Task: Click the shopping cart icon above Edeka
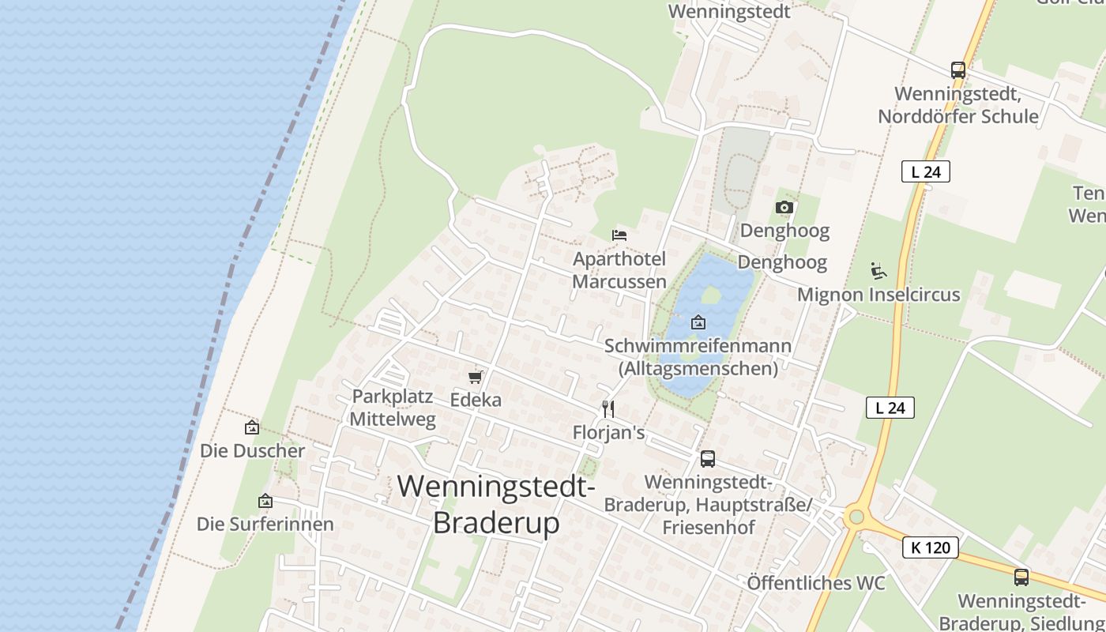pos(475,378)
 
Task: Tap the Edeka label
pos(476,400)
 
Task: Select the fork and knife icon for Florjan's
pos(608,409)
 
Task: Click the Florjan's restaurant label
pos(608,433)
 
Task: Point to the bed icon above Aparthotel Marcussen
pos(619,235)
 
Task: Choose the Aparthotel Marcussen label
pos(619,270)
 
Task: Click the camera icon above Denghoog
pos(784,207)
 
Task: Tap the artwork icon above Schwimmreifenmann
pos(698,322)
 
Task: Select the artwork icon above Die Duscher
pos(252,427)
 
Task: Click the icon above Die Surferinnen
pos(265,501)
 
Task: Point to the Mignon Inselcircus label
pos(878,295)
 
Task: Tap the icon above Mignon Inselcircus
pos(878,272)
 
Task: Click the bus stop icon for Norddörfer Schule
pos(958,70)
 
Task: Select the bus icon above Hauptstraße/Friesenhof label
pos(708,459)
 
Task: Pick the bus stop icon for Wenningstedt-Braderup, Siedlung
pos(1021,577)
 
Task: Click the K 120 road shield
pos(931,547)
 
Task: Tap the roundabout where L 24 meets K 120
pos(855,518)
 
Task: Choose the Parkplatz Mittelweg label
pos(393,408)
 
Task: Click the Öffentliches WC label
pos(816,583)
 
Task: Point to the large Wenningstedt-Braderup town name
pos(496,504)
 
